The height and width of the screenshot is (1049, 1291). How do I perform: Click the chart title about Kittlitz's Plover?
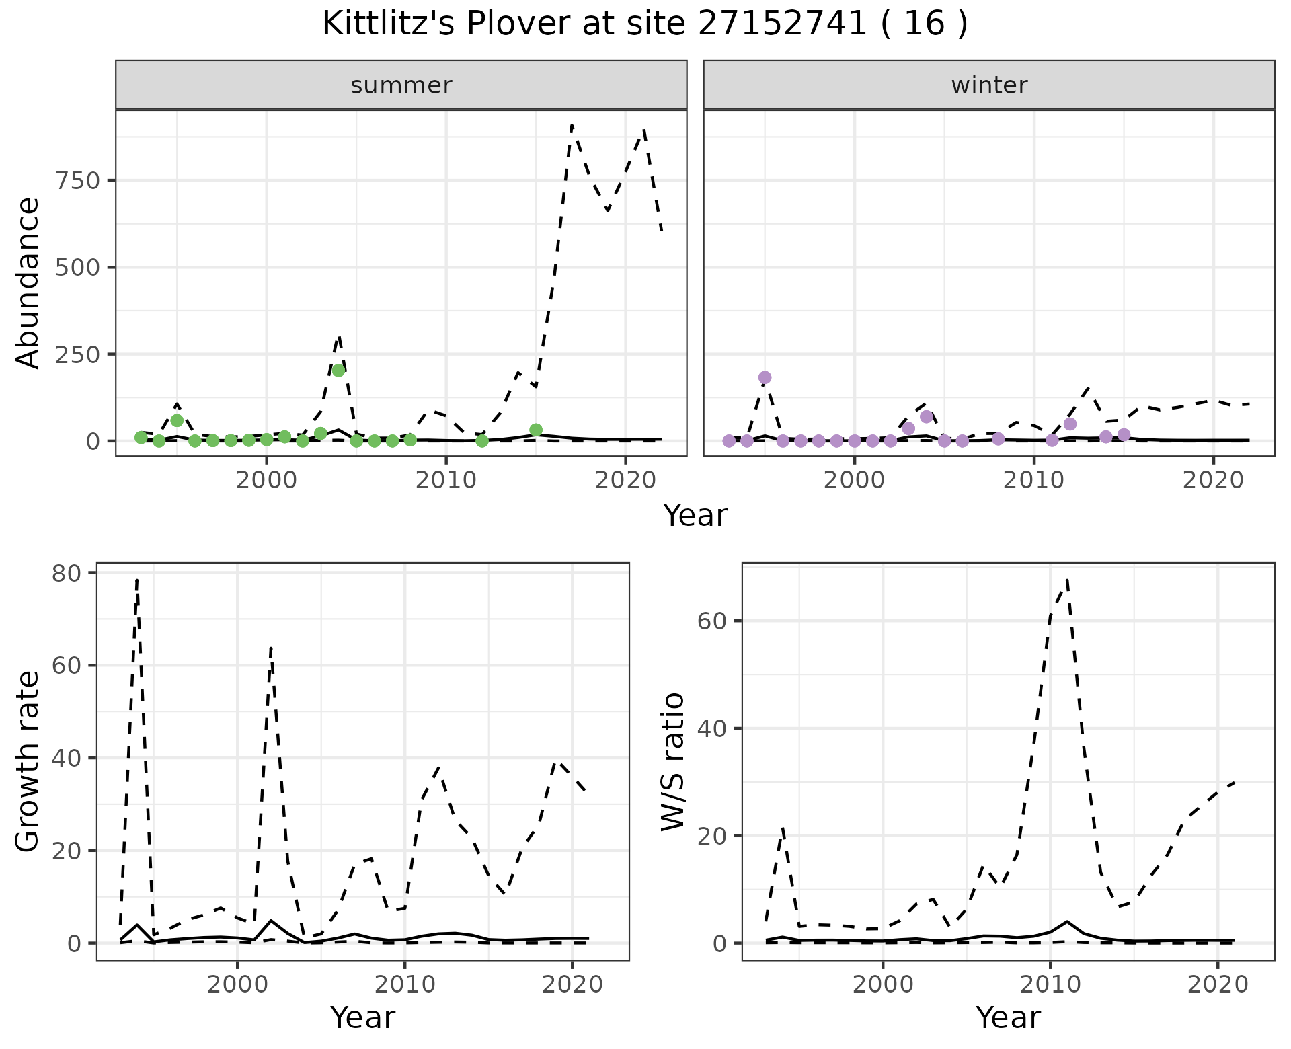tap(645, 24)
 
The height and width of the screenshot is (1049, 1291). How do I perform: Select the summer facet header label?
tap(401, 85)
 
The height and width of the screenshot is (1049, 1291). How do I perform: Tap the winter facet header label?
tap(989, 85)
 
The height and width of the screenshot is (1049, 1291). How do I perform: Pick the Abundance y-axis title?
tap(28, 282)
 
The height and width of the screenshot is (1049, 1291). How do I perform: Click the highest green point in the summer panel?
tap(339, 370)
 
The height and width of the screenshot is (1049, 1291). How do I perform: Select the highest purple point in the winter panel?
tap(765, 377)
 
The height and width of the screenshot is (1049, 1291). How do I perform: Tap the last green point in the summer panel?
tap(536, 430)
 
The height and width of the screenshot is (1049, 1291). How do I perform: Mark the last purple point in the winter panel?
tap(1124, 434)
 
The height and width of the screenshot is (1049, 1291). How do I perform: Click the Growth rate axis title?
tap(28, 761)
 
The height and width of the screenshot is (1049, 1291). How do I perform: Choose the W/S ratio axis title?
tap(672, 761)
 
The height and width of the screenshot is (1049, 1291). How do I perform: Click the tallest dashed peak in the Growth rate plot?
tap(137, 580)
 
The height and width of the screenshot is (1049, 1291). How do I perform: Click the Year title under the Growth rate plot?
tap(363, 1018)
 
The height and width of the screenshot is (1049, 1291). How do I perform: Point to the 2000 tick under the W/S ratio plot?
tap(882, 985)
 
